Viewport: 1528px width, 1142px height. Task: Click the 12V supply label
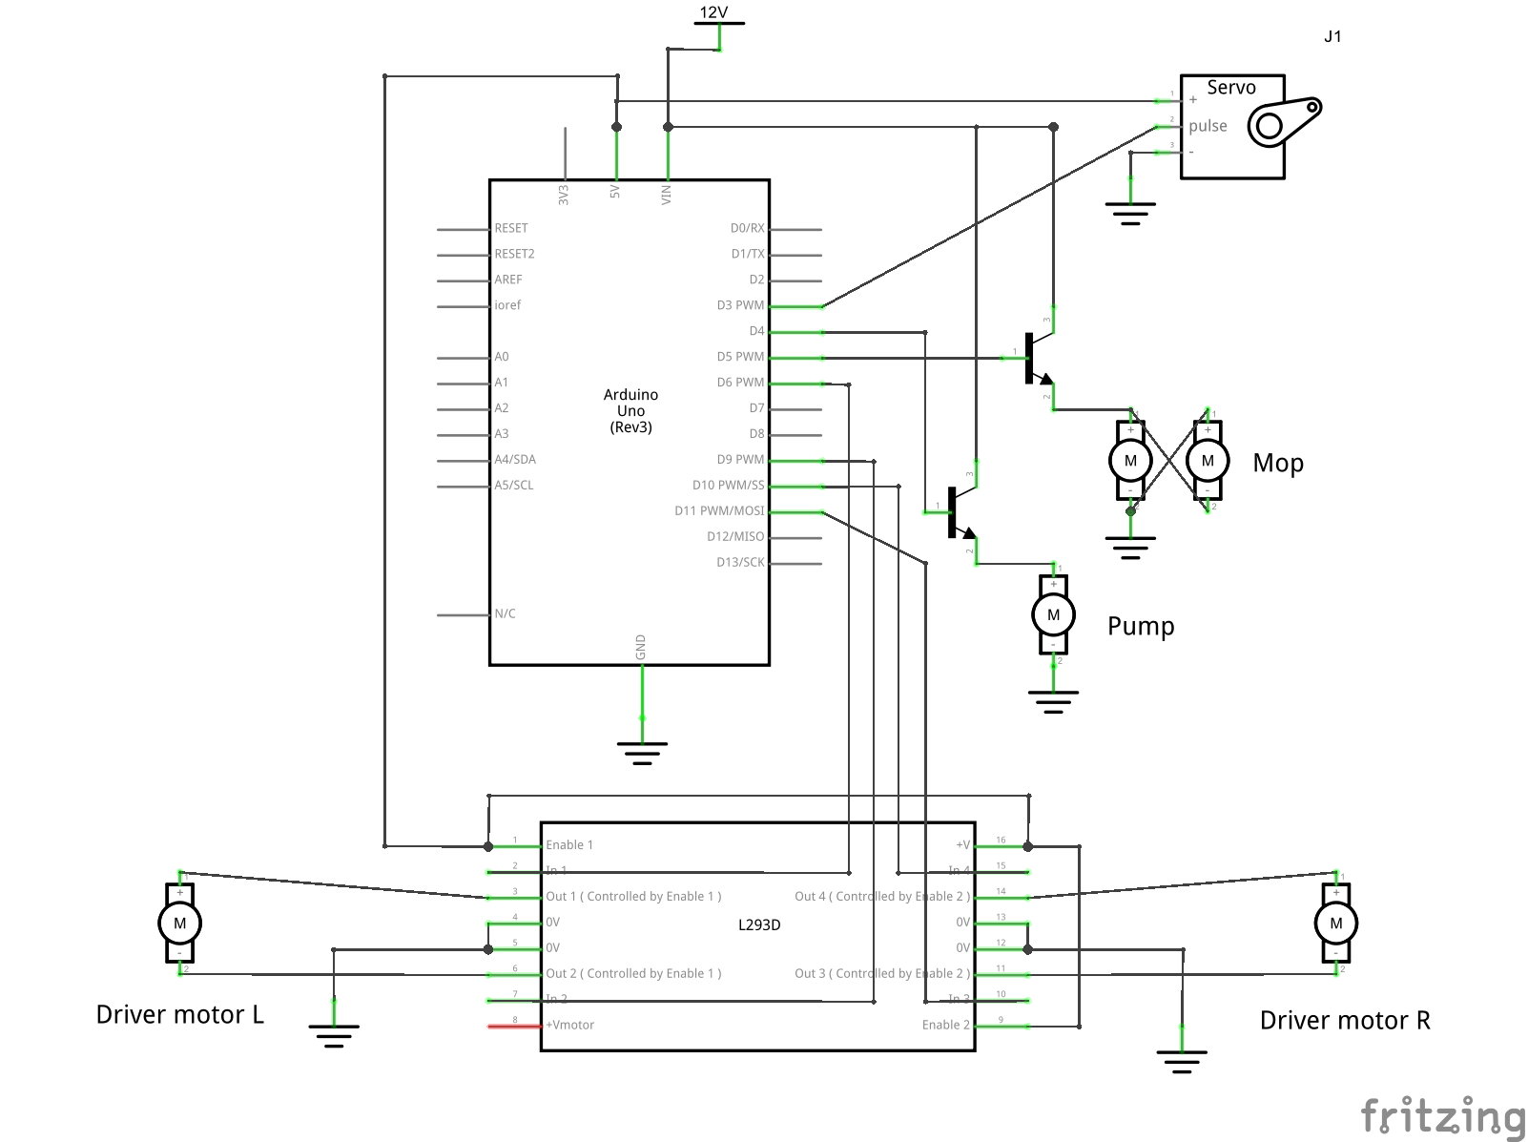[713, 12]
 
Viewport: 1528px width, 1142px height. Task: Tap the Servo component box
[1232, 127]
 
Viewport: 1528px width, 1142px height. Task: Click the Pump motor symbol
[1053, 615]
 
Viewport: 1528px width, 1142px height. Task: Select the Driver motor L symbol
[179, 924]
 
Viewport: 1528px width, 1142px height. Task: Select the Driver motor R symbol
[1335, 924]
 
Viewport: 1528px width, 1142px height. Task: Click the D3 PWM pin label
[740, 305]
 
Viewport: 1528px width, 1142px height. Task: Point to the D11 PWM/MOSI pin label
[719, 511]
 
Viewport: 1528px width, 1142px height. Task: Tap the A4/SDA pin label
[515, 460]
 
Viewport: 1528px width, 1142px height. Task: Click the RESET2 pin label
[514, 254]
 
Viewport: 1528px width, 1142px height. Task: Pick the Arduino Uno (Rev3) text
[630, 411]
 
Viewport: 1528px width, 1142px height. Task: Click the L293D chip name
[759, 924]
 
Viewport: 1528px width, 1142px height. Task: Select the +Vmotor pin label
[570, 1026]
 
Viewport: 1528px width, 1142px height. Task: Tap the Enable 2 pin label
[945, 1026]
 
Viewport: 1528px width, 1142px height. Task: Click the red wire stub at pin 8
[514, 1027]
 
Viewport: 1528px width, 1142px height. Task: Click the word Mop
[1278, 464]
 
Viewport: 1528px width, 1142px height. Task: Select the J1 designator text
[1332, 37]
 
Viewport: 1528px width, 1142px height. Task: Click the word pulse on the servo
[1208, 126]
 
